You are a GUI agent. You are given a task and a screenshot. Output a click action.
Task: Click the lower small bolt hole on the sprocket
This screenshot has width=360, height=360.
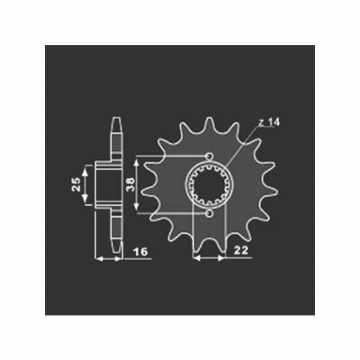(x=210, y=214)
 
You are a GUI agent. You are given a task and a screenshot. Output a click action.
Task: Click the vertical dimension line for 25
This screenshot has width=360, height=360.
(x=85, y=184)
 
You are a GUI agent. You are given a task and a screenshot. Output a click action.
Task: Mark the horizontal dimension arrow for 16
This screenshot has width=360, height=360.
(x=109, y=258)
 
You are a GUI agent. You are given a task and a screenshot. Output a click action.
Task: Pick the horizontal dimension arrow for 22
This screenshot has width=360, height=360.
(x=210, y=258)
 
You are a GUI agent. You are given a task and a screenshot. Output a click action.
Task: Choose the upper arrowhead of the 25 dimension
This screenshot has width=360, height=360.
(x=85, y=166)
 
